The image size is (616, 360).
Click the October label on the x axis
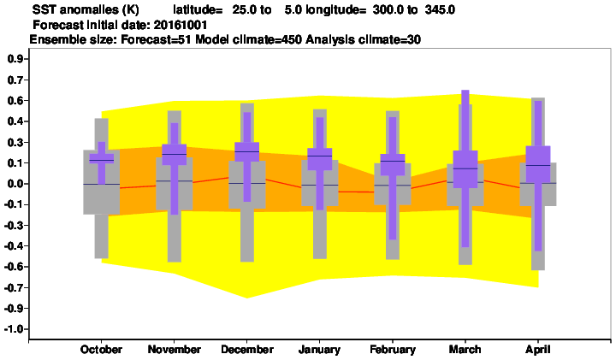click(101, 350)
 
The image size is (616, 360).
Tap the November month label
click(174, 350)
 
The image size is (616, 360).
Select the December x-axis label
click(247, 350)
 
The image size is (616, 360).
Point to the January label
click(319, 350)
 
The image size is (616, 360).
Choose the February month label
click(393, 350)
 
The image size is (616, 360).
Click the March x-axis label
click(465, 350)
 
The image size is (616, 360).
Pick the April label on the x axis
click(538, 350)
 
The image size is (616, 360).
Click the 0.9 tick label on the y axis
click(15, 59)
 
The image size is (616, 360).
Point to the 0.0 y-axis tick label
click(15, 184)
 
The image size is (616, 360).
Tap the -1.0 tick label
click(14, 329)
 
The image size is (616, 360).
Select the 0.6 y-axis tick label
click(15, 101)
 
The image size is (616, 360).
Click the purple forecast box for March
click(465, 169)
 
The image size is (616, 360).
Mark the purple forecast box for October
click(101, 158)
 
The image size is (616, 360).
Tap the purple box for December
click(246, 151)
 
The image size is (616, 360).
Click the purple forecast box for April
click(538, 164)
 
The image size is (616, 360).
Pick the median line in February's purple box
click(393, 161)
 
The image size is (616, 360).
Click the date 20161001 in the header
click(181, 25)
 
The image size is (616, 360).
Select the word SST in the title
click(42, 9)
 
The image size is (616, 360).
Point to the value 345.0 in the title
click(440, 9)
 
